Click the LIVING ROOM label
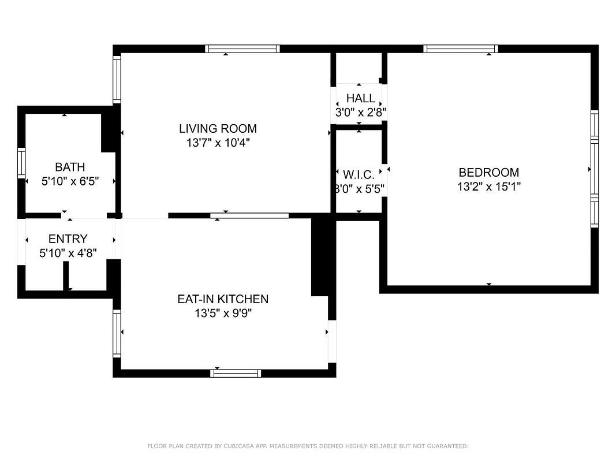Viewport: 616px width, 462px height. pyautogui.click(x=218, y=128)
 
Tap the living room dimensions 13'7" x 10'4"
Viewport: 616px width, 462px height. pyautogui.click(x=218, y=143)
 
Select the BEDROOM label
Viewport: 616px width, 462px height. pyautogui.click(x=489, y=173)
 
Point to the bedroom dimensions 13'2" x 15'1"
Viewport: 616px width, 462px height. pyautogui.click(x=489, y=187)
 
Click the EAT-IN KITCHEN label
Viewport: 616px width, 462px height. pyautogui.click(x=223, y=299)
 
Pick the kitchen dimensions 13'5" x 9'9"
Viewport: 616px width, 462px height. pyautogui.click(x=223, y=314)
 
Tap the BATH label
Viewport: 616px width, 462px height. pyautogui.click(x=70, y=167)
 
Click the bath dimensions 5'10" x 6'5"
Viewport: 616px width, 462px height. pyautogui.click(x=70, y=181)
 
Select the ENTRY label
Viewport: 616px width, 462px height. pyautogui.click(x=68, y=239)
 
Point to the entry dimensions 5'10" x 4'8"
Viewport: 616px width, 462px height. pyautogui.click(x=68, y=253)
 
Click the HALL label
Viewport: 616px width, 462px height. pyautogui.click(x=361, y=98)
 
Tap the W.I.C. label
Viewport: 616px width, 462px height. pyautogui.click(x=359, y=175)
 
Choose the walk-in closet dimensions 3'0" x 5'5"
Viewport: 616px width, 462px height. pyautogui.click(x=359, y=189)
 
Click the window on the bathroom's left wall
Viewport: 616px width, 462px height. pyautogui.click(x=21, y=163)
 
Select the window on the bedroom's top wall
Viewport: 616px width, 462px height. pyautogui.click(x=461, y=49)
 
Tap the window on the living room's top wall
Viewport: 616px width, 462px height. pyautogui.click(x=242, y=49)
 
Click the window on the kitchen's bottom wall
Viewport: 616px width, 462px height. pyautogui.click(x=236, y=373)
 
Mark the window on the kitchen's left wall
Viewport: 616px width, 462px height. pyautogui.click(x=117, y=334)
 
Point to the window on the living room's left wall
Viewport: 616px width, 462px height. pyautogui.click(x=117, y=80)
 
